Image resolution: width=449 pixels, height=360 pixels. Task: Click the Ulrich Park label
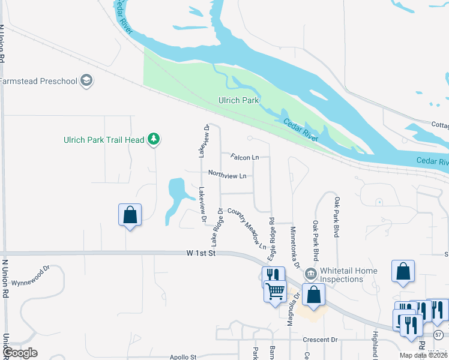tap(239, 100)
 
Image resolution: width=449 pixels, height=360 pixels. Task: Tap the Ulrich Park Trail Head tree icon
tap(154, 140)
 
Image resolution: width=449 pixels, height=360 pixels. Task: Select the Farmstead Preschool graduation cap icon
tap(86, 81)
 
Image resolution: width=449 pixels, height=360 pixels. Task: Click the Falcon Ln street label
tap(244, 157)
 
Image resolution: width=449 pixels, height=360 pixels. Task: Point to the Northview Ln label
tap(228, 175)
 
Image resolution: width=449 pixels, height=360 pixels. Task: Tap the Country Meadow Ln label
tap(247, 229)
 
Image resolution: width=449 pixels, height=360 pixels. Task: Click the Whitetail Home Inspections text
tap(349, 275)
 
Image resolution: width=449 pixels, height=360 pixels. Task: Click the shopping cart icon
tap(276, 292)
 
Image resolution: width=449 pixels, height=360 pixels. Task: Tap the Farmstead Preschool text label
tap(39, 81)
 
